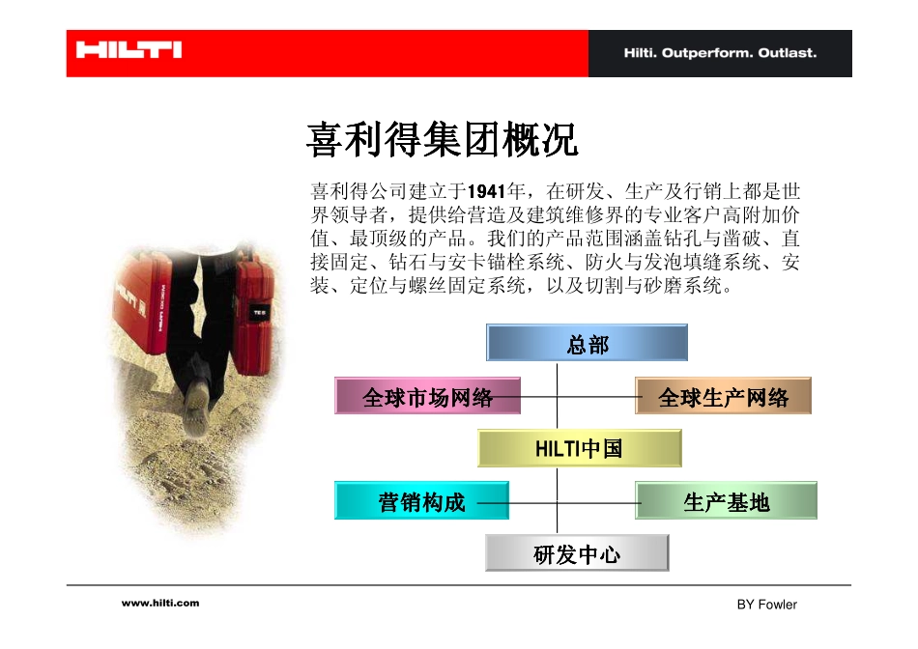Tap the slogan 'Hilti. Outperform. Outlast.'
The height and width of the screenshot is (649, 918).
point(719,53)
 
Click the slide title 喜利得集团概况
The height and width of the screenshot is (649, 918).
point(442,141)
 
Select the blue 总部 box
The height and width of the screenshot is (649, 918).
point(587,344)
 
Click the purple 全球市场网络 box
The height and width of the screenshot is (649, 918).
point(428,397)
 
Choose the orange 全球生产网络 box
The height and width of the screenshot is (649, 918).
point(723,397)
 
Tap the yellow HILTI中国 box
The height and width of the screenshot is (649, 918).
point(579,449)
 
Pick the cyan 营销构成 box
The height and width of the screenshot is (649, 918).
point(421,501)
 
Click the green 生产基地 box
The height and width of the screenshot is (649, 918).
point(726,501)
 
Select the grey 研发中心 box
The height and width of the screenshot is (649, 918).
point(577,554)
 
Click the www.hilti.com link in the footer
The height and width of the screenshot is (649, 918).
point(160,603)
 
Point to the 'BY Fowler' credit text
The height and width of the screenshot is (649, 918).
point(766,605)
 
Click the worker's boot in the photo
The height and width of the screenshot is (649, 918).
point(199,396)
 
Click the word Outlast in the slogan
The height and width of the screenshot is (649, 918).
point(790,53)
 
